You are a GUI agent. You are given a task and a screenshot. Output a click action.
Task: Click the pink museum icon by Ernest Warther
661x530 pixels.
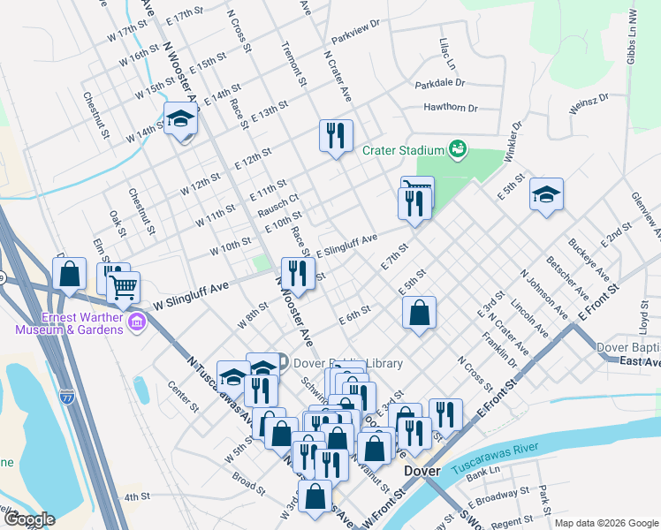pos(136,323)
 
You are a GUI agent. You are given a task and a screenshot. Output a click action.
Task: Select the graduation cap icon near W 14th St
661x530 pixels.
pos(180,119)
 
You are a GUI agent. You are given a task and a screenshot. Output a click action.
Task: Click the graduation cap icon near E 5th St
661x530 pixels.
pos(546,193)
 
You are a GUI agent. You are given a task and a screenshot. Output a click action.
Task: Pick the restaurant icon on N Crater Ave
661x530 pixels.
pos(336,136)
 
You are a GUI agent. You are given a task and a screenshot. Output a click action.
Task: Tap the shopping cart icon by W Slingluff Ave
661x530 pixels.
pos(123,286)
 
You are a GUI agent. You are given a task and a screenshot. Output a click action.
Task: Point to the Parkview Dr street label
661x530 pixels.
pos(355,39)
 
